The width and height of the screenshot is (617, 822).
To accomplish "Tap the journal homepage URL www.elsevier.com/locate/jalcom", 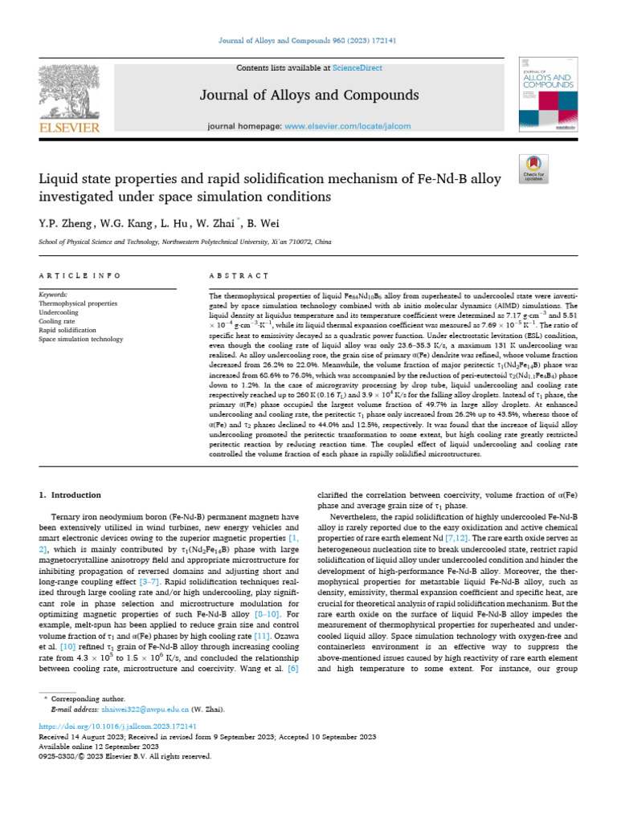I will (348, 126).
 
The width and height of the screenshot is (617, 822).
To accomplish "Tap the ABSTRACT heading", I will (238, 275).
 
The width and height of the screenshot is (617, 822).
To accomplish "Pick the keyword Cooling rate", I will (57, 321).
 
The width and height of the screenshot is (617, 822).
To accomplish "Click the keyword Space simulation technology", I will (81, 339).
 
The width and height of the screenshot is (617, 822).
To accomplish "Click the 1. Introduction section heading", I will (71, 495).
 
